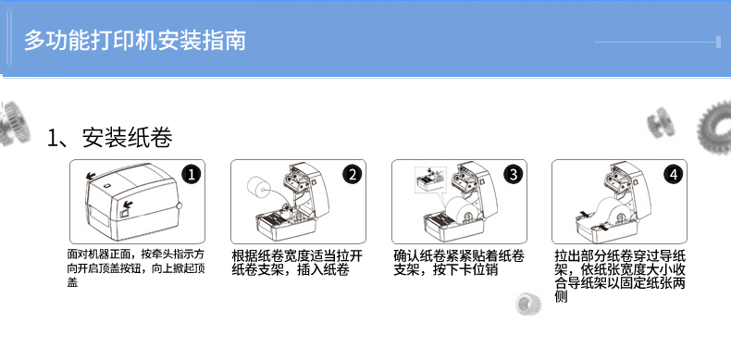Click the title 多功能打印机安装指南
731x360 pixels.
click(x=135, y=41)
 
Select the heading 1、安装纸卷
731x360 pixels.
click(x=110, y=138)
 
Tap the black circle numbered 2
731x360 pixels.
click(x=352, y=174)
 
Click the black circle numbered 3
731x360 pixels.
click(x=513, y=174)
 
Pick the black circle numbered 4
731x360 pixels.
click(x=674, y=174)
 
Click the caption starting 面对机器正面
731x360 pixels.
click(x=136, y=268)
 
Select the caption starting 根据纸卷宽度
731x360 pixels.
click(x=297, y=263)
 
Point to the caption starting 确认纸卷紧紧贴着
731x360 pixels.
click(x=459, y=263)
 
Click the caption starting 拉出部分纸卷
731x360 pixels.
click(x=620, y=276)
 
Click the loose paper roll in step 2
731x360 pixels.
click(x=259, y=188)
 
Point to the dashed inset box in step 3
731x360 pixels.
click(x=430, y=180)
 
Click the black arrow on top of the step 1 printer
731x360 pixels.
click(x=92, y=176)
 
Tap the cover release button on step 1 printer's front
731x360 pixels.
click(x=125, y=214)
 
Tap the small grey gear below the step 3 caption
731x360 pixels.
click(x=528, y=304)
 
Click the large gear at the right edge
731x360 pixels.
click(x=714, y=128)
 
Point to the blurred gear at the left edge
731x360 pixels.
click(x=13, y=124)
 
